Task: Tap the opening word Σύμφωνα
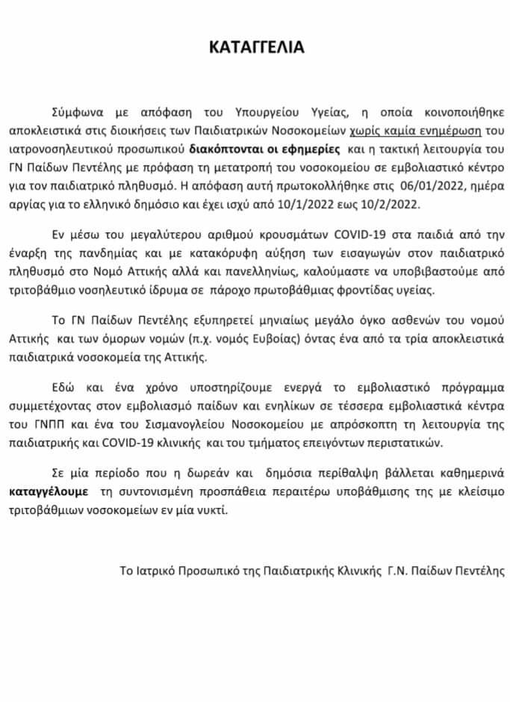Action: pos(74,113)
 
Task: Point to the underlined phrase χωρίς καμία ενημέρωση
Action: pos(407,129)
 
